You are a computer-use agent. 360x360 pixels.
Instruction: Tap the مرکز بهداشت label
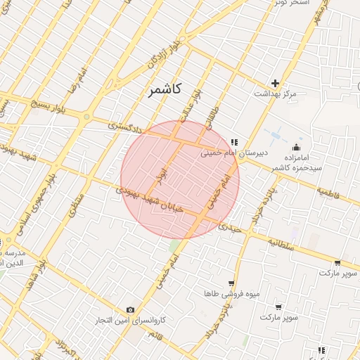pos(276,94)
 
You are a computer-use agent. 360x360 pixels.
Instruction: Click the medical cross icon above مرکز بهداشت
pos(275,83)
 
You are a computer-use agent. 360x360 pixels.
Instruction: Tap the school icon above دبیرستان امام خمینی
pos(234,142)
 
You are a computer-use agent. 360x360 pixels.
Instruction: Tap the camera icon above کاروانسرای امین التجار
pos(130,310)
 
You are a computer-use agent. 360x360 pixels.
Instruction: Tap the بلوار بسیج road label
pos(49,109)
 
